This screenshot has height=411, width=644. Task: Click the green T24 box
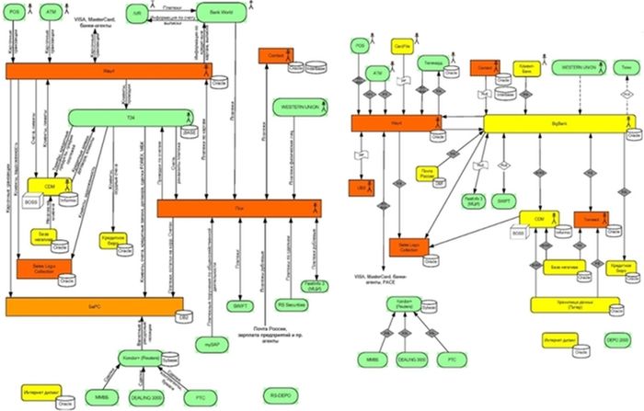[x=129, y=117]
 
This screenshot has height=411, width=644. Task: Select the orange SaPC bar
[x=92, y=304]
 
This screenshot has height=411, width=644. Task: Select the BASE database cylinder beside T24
[x=190, y=134]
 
